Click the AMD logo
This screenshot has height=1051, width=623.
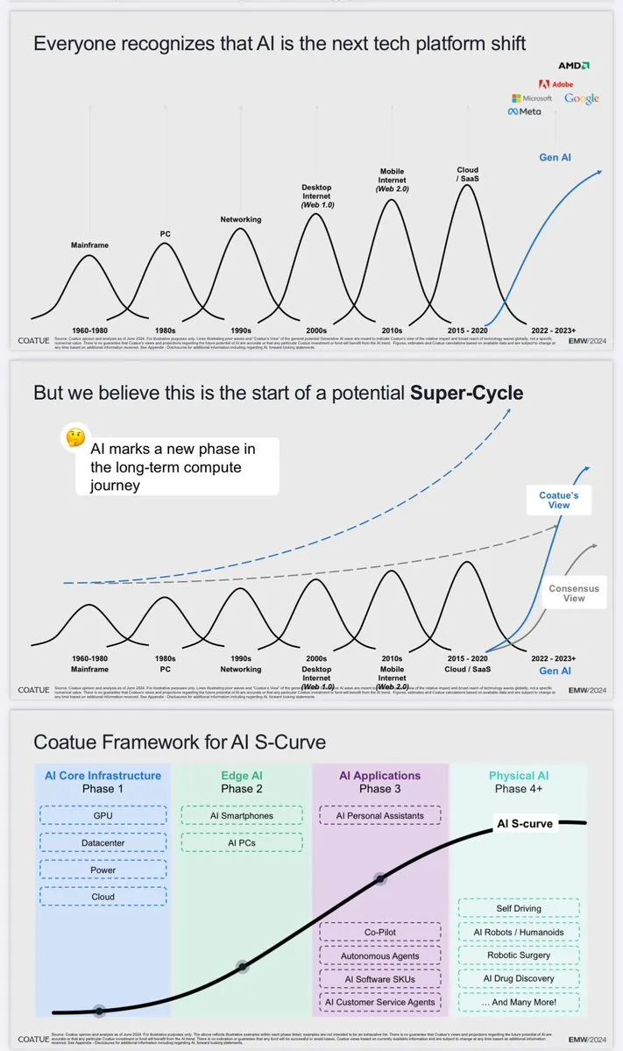tap(574, 65)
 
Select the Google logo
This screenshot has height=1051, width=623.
tap(581, 98)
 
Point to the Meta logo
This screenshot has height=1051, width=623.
tap(526, 111)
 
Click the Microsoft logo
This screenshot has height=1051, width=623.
tap(533, 98)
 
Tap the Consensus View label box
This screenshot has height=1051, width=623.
tap(574, 593)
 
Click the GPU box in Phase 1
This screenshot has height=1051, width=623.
tap(103, 815)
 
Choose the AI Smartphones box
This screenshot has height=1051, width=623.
tap(241, 815)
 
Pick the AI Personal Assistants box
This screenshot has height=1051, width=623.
tap(379, 815)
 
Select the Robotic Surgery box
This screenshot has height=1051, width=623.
tap(520, 955)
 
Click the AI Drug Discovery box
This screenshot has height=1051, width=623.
tap(520, 978)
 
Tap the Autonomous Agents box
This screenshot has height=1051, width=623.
tap(379, 955)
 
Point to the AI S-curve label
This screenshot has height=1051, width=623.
tap(525, 823)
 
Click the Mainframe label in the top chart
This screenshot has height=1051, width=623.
tap(89, 245)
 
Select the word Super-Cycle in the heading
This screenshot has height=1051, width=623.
tap(466, 393)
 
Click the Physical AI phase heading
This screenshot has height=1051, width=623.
tap(520, 775)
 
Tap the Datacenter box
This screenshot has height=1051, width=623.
tap(103, 842)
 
